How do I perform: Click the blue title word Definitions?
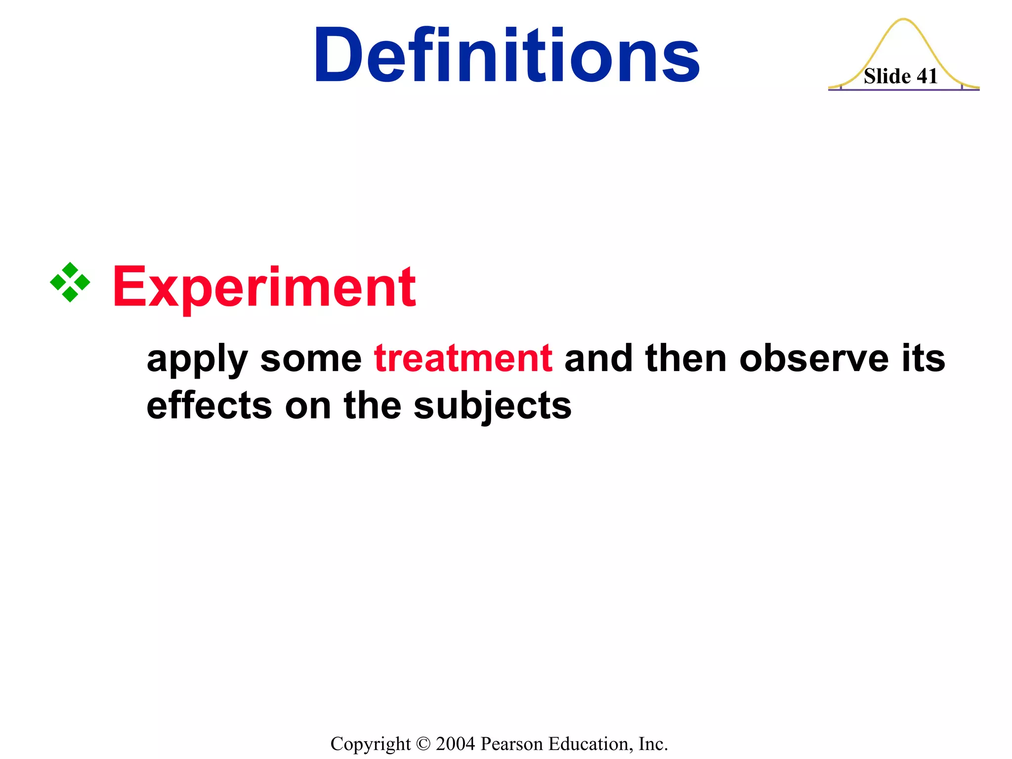pyautogui.click(x=506, y=55)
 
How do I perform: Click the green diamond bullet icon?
pyautogui.click(x=70, y=282)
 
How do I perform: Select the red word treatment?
pyautogui.click(x=463, y=358)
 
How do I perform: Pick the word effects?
pyautogui.click(x=210, y=406)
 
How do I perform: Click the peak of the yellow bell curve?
pyautogui.click(x=904, y=20)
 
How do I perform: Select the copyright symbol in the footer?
pyautogui.click(x=423, y=744)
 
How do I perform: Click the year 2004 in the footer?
pyautogui.click(x=455, y=744)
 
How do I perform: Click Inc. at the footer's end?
pyautogui.click(x=653, y=744)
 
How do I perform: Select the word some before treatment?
pyautogui.click(x=311, y=358)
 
